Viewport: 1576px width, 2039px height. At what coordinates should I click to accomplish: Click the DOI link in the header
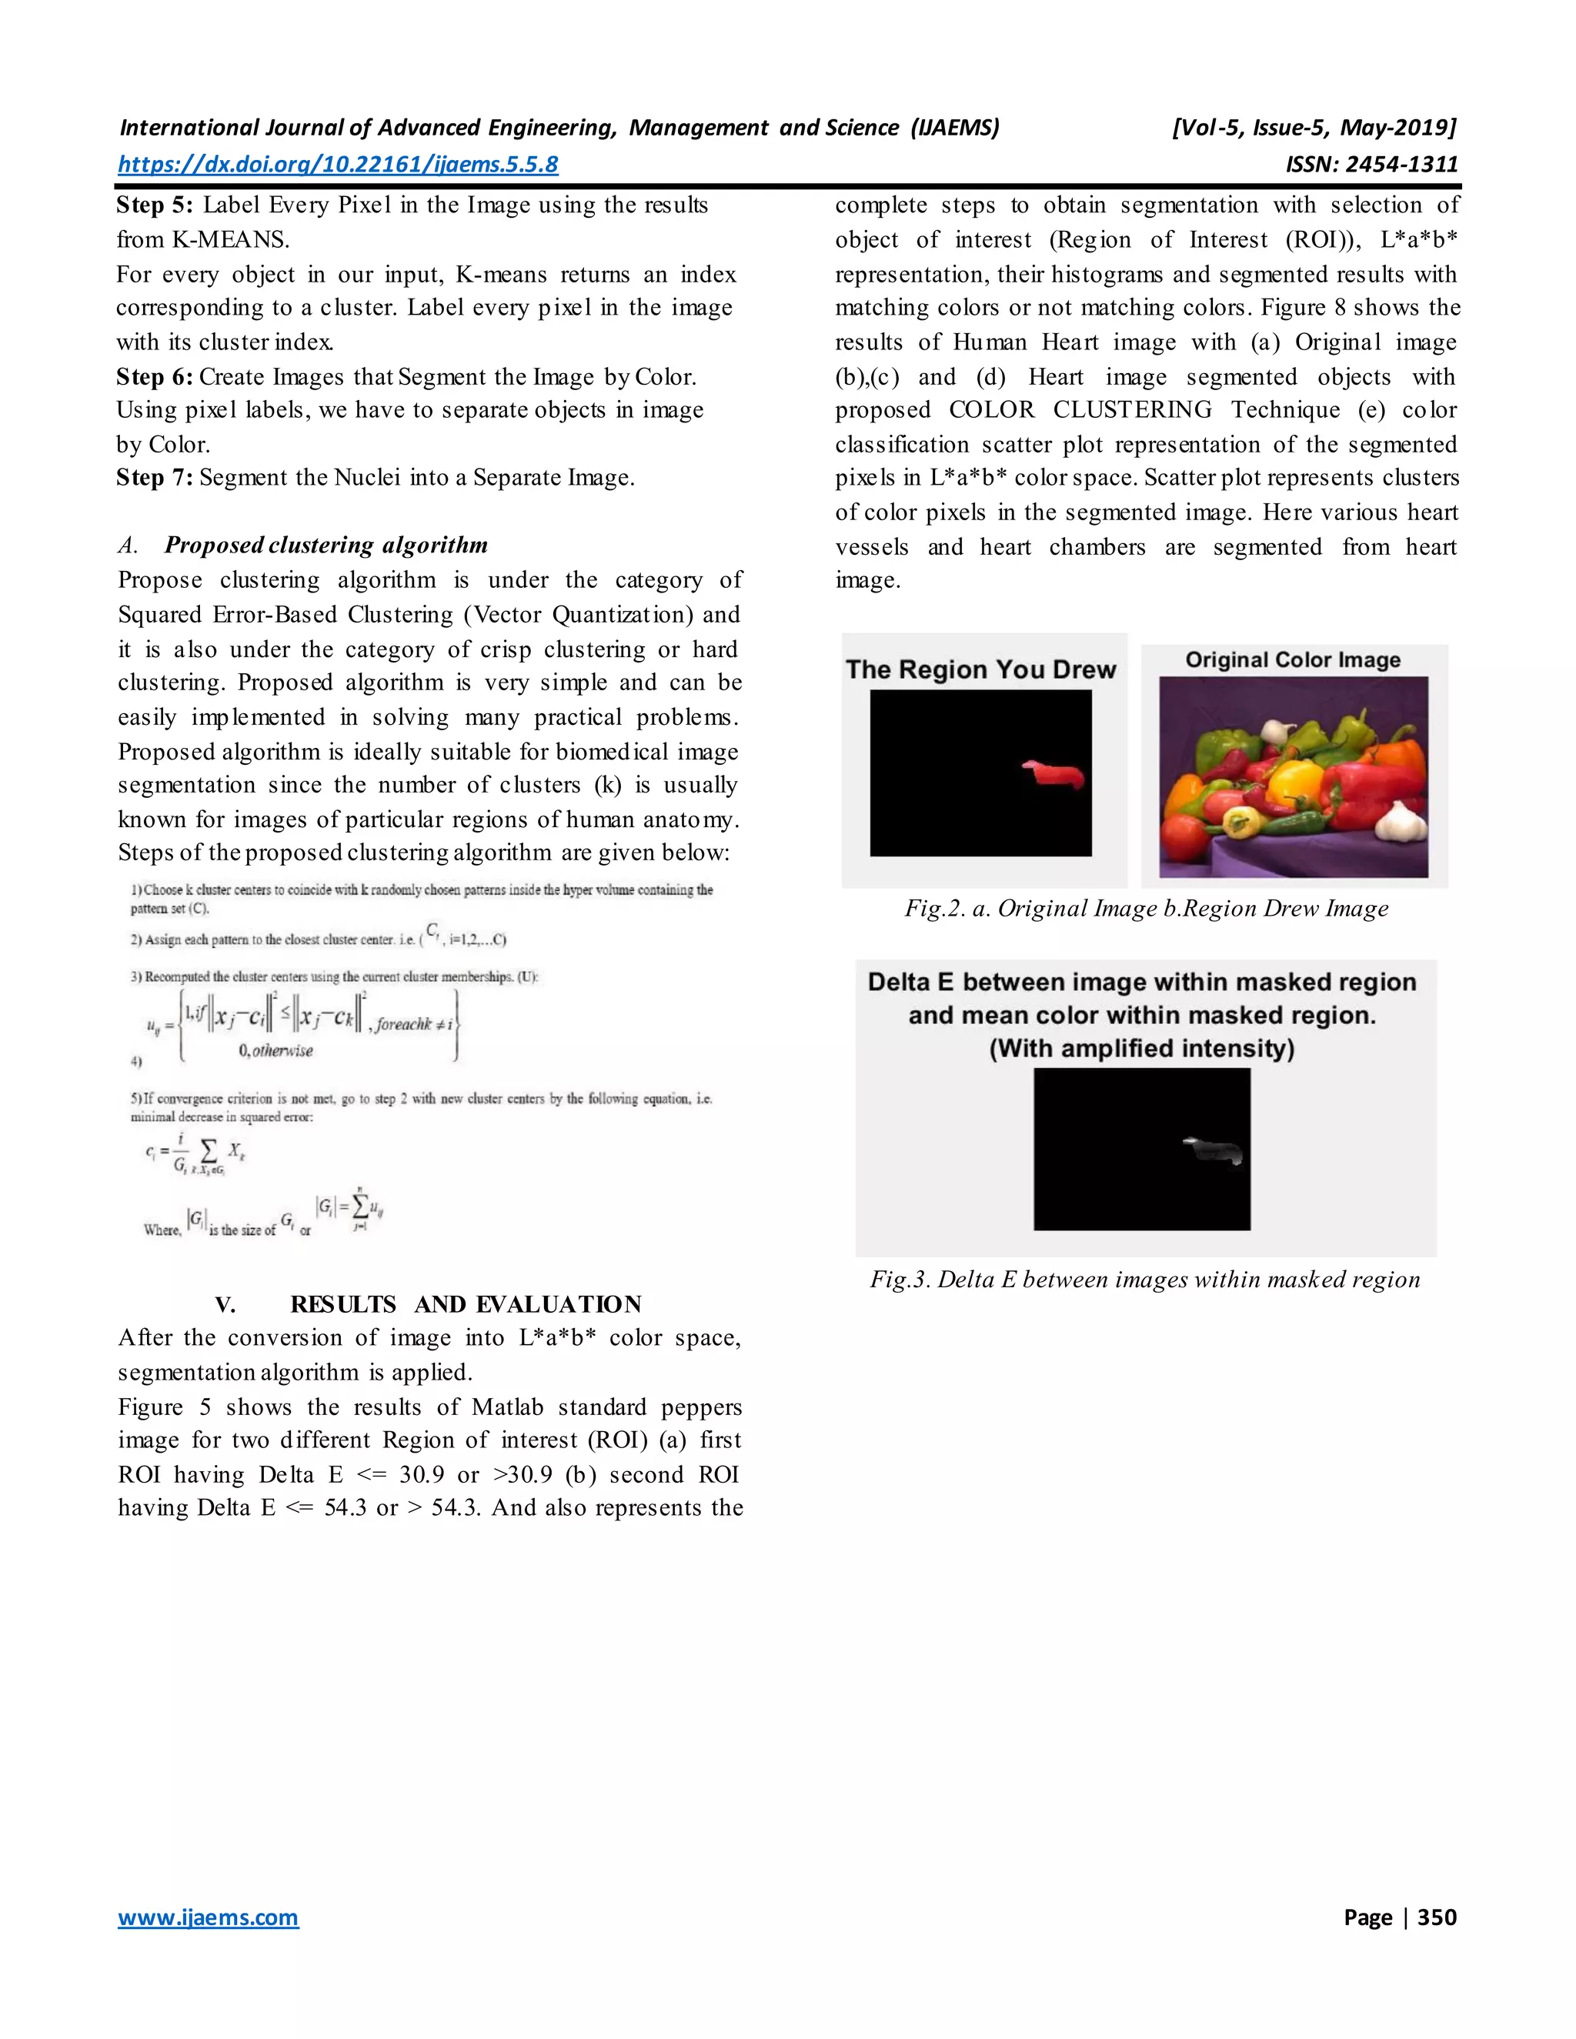tap(338, 165)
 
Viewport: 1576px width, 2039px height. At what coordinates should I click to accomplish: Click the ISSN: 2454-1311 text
tap(1371, 165)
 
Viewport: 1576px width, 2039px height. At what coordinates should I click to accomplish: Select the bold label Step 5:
tap(155, 205)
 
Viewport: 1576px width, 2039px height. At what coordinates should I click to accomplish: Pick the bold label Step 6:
tap(155, 377)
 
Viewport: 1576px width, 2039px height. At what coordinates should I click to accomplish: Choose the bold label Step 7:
tap(155, 478)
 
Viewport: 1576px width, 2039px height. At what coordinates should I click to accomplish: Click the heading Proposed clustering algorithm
tap(326, 546)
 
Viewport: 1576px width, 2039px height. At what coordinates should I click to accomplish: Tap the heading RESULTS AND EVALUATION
tap(465, 1304)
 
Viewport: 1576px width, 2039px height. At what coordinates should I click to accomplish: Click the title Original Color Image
tap(1293, 660)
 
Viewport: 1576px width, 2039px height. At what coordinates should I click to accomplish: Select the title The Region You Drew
tap(981, 669)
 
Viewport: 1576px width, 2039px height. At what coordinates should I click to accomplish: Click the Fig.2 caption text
tap(1146, 909)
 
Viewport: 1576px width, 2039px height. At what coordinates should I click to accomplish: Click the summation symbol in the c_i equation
tap(209, 1151)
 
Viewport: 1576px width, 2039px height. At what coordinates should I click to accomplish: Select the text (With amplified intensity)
tap(1141, 1049)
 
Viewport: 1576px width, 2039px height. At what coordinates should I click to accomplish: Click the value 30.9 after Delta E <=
tap(421, 1475)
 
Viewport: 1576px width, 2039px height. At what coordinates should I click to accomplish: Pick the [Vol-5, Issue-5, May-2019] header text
tap(1314, 128)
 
